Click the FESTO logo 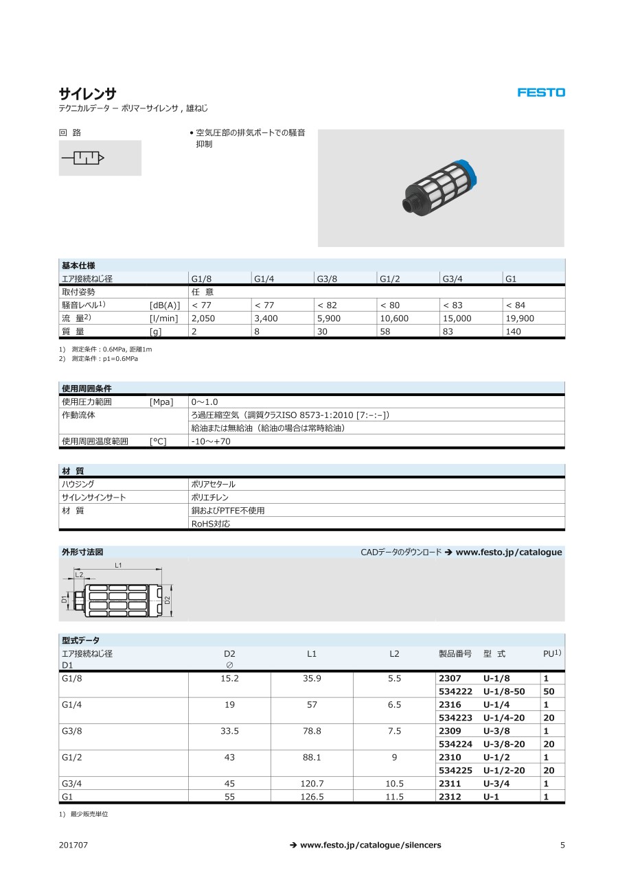[x=541, y=92]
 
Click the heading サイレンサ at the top [x=87, y=93]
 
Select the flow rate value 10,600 [x=394, y=318]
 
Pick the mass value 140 [x=513, y=331]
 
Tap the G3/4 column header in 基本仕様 [x=452, y=279]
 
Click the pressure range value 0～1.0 [x=205, y=401]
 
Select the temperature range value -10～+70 [x=211, y=441]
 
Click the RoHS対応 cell [x=211, y=524]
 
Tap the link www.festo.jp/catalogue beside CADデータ [x=509, y=552]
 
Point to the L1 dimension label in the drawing [x=119, y=565]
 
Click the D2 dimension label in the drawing [x=167, y=600]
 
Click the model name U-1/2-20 [x=504, y=771]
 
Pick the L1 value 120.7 [x=312, y=784]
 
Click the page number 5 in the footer [x=562, y=845]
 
